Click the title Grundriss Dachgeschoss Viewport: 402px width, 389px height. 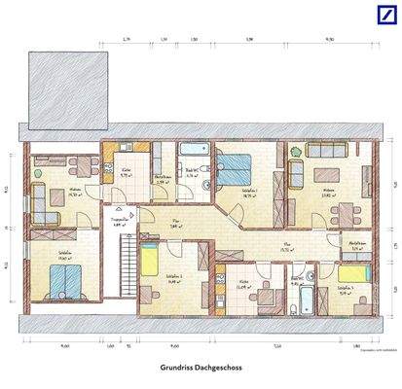[201, 369]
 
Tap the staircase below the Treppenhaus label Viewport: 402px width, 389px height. [124, 265]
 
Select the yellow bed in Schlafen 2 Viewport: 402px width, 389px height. [151, 261]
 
